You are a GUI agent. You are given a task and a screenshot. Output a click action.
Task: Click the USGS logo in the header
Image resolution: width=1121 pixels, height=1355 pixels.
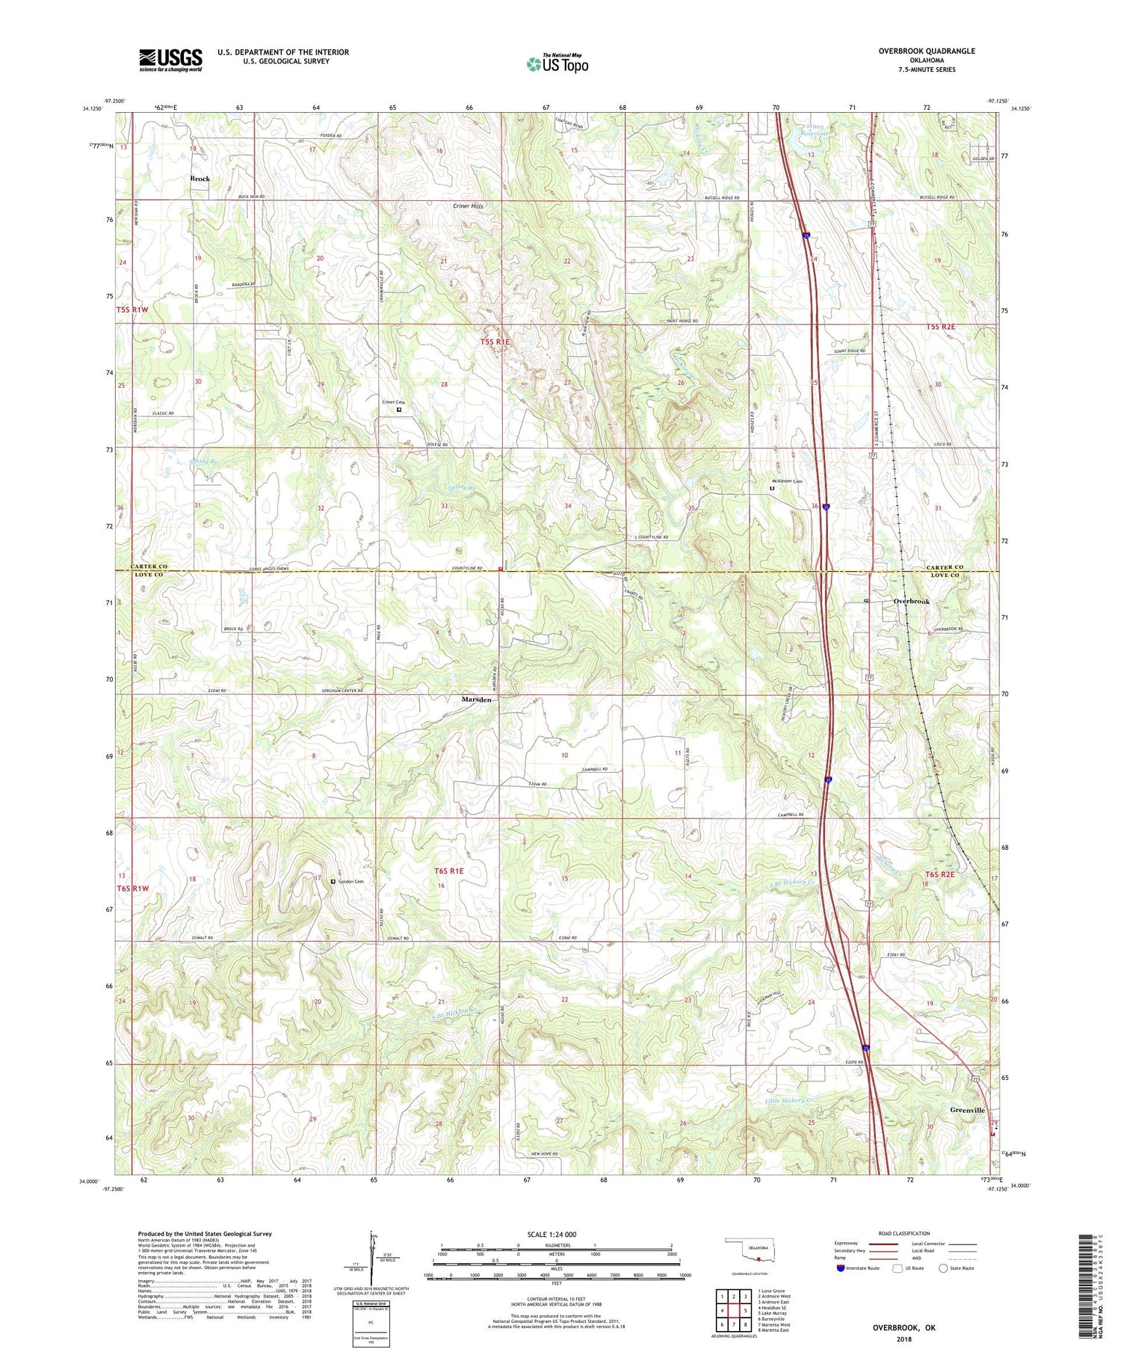(x=170, y=60)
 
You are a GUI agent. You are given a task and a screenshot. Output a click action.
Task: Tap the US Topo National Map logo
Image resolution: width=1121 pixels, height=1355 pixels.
(x=558, y=64)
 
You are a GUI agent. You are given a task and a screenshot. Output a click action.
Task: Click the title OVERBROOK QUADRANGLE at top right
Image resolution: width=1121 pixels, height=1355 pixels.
(x=928, y=51)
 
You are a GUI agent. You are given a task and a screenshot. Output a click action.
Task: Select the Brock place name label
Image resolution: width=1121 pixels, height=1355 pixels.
(x=200, y=179)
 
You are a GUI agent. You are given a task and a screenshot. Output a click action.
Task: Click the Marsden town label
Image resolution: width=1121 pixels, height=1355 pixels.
(x=476, y=700)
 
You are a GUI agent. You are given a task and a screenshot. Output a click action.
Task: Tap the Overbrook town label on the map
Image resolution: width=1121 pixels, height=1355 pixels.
(x=912, y=602)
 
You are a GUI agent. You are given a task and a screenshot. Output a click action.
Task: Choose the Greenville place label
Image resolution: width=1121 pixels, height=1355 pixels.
(x=967, y=1111)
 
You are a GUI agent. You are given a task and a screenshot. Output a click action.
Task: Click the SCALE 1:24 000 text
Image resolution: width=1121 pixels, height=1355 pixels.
(x=557, y=1234)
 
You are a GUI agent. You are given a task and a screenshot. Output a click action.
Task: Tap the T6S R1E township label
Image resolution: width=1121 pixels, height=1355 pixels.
(x=449, y=871)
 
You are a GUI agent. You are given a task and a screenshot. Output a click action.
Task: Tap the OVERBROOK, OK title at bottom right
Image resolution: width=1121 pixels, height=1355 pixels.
(x=904, y=1328)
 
